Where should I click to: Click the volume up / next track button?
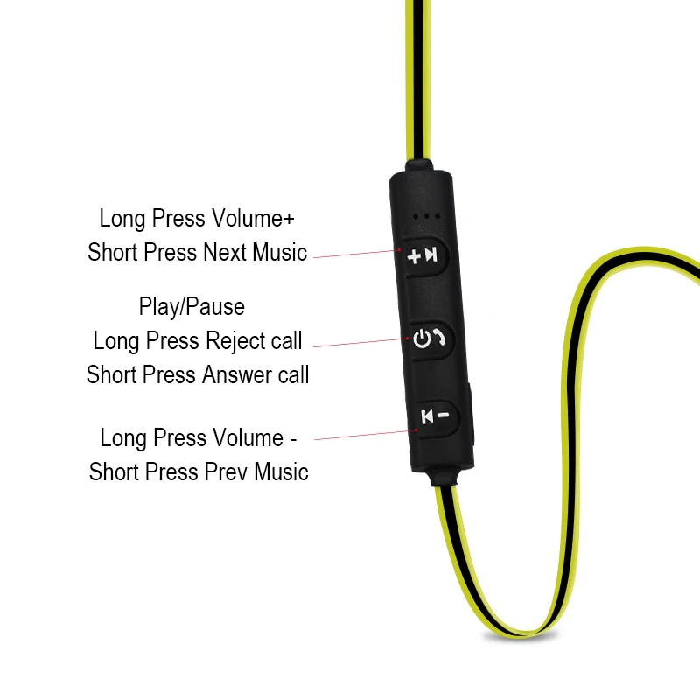[426, 255]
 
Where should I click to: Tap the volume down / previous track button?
[434, 416]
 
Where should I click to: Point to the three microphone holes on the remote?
[427, 215]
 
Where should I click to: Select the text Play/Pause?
[192, 307]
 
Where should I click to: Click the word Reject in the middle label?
[236, 340]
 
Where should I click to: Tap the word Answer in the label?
[232, 375]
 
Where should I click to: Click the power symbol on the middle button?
[423, 338]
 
